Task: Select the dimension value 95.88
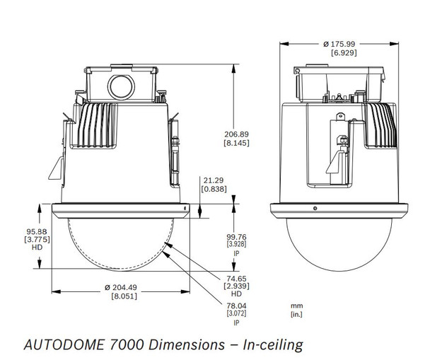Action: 18,231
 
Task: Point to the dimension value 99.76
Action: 236,238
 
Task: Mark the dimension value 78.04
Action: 236,305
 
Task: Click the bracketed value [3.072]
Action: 236,313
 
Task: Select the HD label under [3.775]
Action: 18,249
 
